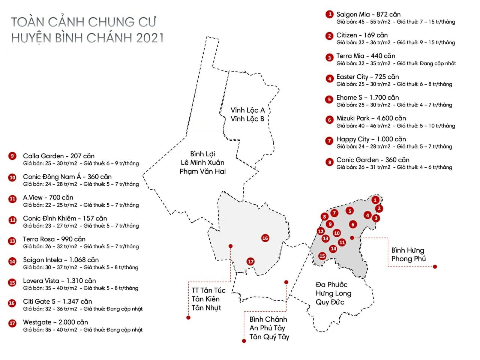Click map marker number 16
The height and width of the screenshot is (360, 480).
tap(265, 238)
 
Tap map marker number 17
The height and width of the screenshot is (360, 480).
tap(250, 261)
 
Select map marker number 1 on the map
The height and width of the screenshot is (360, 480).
tap(375, 200)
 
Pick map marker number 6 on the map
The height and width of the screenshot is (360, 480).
tap(352, 224)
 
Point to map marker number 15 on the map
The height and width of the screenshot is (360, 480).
tap(322, 256)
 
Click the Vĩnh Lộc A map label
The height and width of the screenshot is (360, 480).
tap(247, 110)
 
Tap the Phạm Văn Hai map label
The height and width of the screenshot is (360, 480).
tap(202, 171)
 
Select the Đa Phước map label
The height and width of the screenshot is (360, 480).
tap(331, 285)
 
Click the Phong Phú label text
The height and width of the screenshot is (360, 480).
tap(408, 259)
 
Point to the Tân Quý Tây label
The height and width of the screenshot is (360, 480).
tap(269, 337)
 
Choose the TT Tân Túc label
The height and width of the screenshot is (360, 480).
tap(208, 290)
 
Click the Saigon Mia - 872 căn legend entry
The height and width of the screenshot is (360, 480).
tap(368, 15)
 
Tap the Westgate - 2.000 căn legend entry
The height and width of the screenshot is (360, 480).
tap(55, 322)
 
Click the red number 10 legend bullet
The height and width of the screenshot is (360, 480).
tap(12, 177)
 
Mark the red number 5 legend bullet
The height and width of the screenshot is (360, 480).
tap(329, 99)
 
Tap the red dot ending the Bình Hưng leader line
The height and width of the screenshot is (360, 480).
tap(435, 267)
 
